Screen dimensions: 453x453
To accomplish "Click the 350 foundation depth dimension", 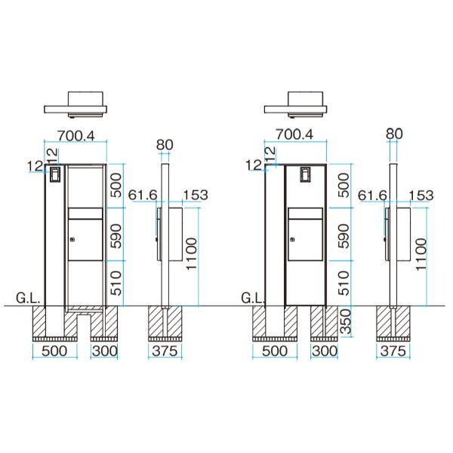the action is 346,322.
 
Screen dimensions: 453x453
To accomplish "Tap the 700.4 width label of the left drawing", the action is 76,135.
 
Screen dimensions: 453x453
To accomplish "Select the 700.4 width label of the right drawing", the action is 294,134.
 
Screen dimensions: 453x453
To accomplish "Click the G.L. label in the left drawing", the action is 28,298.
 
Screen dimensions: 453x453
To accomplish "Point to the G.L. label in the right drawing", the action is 253,298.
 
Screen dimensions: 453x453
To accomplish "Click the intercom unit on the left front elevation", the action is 54,174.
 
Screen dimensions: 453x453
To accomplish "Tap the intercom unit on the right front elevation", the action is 305,174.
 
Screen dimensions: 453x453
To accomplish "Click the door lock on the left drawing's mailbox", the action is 72,239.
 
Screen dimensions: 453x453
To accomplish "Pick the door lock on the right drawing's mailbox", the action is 292,239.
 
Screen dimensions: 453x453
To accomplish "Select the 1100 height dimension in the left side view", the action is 192,254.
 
